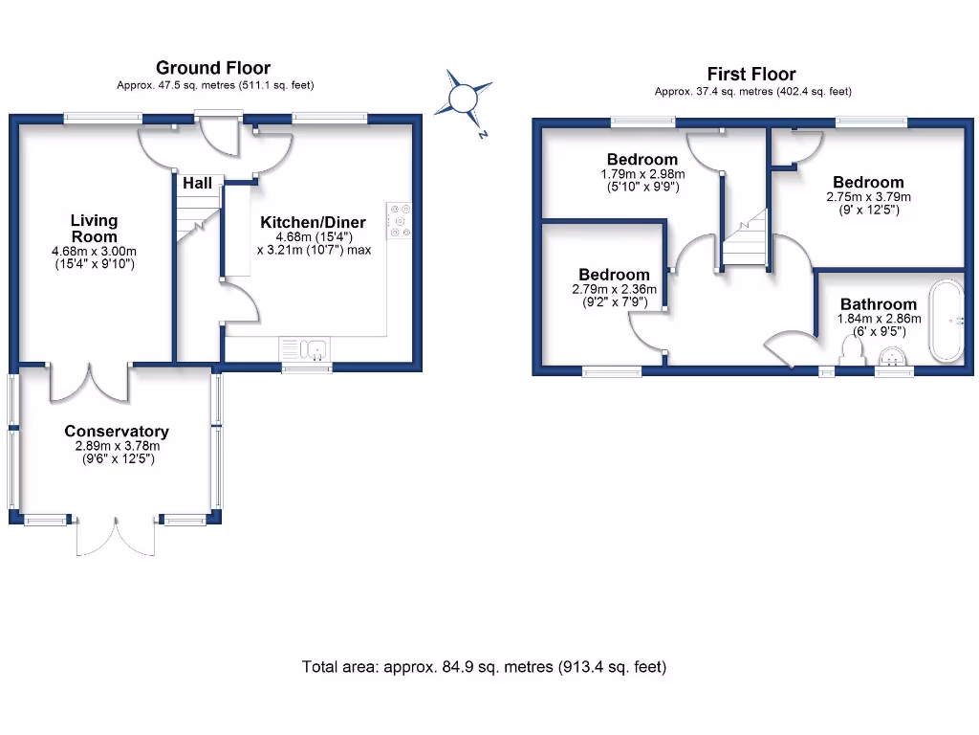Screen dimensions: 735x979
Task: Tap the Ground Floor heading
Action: [x=212, y=68]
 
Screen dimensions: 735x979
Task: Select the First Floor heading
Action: [x=751, y=74]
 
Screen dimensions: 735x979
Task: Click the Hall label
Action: [x=197, y=183]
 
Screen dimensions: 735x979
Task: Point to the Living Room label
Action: [x=94, y=229]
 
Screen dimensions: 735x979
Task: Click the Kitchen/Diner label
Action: [x=314, y=223]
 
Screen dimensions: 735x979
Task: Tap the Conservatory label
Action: [x=117, y=432]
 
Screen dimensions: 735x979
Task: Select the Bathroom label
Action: [x=879, y=305]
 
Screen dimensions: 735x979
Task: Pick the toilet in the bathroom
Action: [x=849, y=349]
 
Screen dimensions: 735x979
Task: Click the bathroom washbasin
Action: [x=894, y=356]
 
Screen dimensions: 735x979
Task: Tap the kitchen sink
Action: [x=305, y=348]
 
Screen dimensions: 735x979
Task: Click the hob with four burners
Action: [x=398, y=219]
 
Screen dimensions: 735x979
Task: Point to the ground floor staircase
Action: [x=197, y=219]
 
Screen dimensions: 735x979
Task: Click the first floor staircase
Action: [x=745, y=239]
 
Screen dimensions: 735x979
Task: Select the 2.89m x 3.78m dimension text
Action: [x=117, y=446]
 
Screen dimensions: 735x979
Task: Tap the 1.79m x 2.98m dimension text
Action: [x=642, y=174]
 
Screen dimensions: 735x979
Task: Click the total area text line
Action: [x=484, y=667]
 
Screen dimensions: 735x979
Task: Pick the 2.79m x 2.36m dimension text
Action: [x=610, y=289]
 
